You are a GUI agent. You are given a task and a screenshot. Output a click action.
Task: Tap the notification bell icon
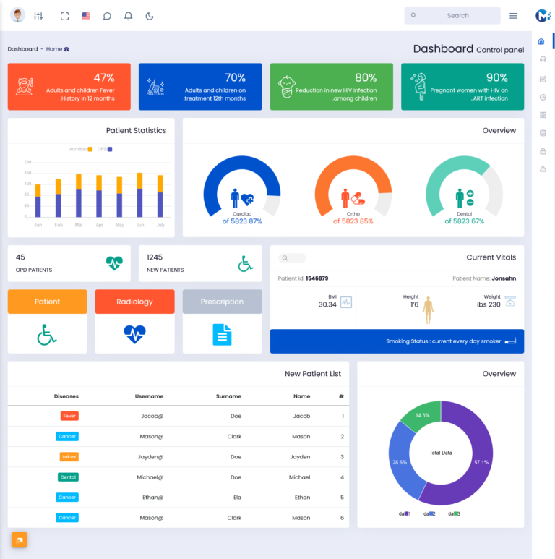pos(129,16)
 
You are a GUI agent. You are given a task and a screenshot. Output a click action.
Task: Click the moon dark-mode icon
pos(150,16)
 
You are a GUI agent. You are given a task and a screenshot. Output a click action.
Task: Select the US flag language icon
pos(86,16)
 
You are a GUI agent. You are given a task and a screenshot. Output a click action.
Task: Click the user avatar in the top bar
pos(18,15)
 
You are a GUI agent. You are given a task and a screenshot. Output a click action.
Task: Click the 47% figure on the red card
pos(104,77)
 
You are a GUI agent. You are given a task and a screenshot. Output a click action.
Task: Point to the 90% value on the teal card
pos(496,77)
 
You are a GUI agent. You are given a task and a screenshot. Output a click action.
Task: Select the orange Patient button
pos(48,302)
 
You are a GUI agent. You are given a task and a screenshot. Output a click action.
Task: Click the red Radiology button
pos(134,302)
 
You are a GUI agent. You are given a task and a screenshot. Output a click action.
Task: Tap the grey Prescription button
pos(222,302)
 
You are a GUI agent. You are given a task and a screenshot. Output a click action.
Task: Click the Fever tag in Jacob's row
pos(69,416)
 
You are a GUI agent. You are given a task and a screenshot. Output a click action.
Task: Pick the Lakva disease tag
pos(69,457)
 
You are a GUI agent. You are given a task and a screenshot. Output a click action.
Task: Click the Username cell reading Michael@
pos(150,477)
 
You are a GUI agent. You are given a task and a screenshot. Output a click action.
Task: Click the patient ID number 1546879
pos(317,278)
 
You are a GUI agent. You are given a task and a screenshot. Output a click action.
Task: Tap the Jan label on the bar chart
pos(38,225)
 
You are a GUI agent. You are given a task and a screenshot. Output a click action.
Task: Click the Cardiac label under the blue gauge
pos(242,214)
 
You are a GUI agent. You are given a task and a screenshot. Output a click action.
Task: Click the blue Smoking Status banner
pos(397,341)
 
